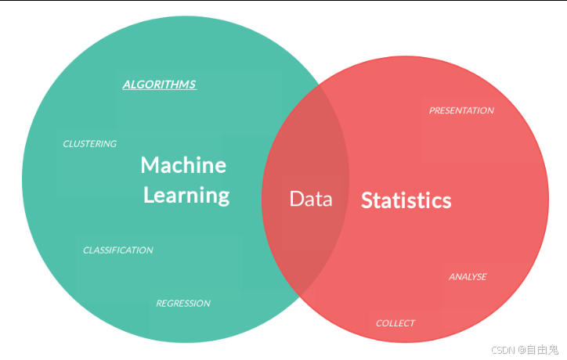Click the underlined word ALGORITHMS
click(x=159, y=85)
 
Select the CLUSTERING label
click(x=89, y=144)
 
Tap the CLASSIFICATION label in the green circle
click(x=118, y=250)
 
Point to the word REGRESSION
click(x=182, y=304)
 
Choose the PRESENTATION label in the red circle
click(x=461, y=111)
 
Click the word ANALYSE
click(x=468, y=277)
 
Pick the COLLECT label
click(x=395, y=323)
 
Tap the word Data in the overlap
click(x=311, y=199)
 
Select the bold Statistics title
click(x=406, y=200)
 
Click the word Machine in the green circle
click(x=183, y=165)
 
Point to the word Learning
click(x=186, y=195)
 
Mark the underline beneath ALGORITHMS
click(x=159, y=90)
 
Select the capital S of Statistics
click(x=367, y=200)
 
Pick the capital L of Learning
click(x=148, y=195)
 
